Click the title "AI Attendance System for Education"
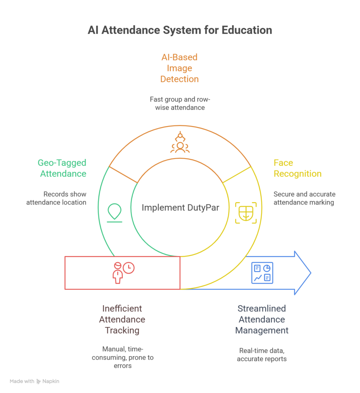[180, 30]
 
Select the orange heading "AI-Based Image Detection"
[179, 68]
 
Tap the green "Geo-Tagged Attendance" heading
[62, 168]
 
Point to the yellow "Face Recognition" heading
[298, 168]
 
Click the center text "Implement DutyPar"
[180, 208]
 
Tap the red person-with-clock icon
[123, 272]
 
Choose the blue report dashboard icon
[262, 273]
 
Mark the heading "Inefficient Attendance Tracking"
[122, 319]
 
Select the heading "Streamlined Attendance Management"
[262, 319]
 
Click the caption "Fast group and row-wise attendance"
[180, 104]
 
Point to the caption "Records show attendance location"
[56, 198]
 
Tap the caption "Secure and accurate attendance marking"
[304, 198]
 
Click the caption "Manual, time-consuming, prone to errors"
[128, 357]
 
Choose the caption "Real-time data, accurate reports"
[262, 355]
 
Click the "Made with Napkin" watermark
[35, 381]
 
